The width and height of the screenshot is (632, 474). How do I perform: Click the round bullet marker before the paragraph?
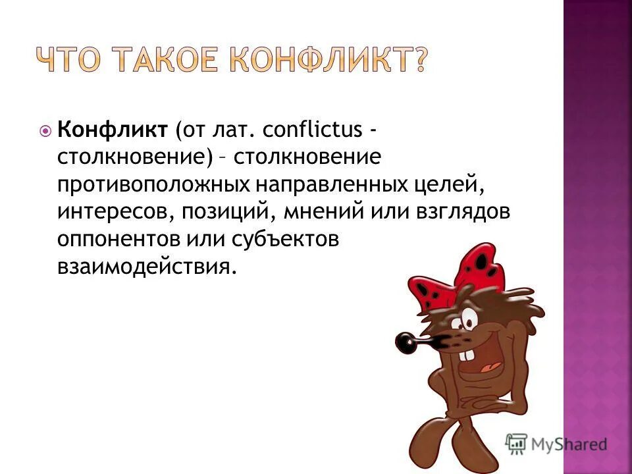pos(45,130)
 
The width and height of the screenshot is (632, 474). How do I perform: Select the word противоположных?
pos(151,186)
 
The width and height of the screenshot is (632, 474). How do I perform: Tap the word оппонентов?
pos(122,240)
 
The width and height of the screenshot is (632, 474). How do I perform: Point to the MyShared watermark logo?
pos(556,443)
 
